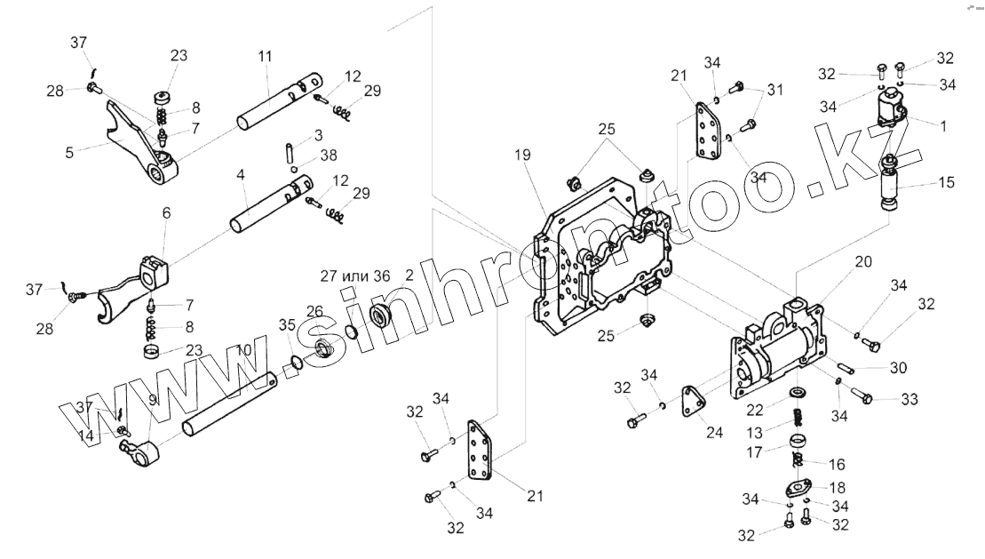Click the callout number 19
521,155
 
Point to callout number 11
265,56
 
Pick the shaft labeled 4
266,204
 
